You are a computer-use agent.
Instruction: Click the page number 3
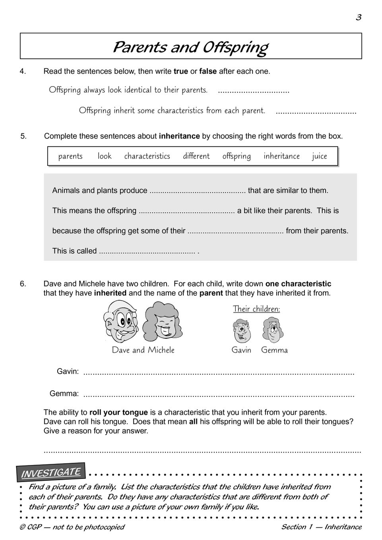(359, 17)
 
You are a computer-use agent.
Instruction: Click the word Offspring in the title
(235, 47)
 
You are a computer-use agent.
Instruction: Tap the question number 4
(23, 71)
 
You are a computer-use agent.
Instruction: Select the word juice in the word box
(319, 156)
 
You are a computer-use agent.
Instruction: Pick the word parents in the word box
(70, 156)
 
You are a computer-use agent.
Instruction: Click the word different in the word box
(196, 156)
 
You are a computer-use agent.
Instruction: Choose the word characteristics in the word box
(147, 156)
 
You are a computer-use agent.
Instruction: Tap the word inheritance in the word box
(281, 156)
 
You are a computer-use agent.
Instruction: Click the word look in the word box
(105, 156)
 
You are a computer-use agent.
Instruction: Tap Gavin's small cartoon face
(241, 331)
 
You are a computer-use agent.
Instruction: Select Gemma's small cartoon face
(273, 330)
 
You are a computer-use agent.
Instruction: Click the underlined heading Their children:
(256, 309)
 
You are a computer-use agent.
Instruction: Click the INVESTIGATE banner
(50, 472)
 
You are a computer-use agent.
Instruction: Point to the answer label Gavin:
(68, 372)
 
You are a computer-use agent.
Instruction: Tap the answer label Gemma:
(64, 394)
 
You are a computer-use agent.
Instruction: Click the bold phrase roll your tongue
(118, 413)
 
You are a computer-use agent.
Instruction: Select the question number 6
(23, 284)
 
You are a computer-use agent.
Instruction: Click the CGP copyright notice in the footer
(72, 527)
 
